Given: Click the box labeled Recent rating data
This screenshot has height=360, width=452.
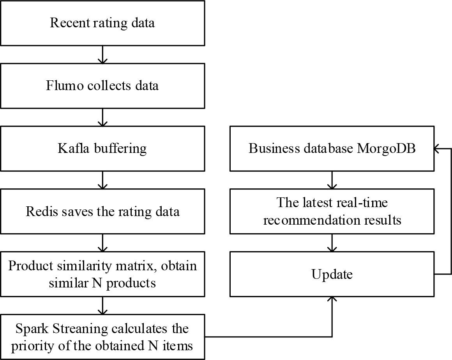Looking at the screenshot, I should click(102, 23).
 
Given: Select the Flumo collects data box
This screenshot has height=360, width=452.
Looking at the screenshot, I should click(102, 86).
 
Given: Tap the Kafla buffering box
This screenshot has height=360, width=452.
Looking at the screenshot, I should click(102, 149).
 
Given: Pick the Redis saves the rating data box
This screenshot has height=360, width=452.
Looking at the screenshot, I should click(102, 211).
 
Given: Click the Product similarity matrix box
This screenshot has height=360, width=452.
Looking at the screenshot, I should click(102, 274).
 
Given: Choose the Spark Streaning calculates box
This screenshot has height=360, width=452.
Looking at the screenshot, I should click(102, 337).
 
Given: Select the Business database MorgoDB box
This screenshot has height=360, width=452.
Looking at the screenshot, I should click(332, 149).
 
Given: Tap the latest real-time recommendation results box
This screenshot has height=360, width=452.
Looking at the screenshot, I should click(332, 211).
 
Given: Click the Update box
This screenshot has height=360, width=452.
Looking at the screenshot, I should click(332, 274).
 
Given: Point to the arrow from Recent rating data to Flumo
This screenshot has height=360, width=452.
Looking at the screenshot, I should click(102, 54).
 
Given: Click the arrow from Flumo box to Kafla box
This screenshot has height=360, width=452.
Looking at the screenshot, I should click(102, 117).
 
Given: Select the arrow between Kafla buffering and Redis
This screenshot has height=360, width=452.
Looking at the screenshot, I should click(102, 180).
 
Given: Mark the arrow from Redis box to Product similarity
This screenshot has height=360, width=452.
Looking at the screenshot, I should click(102, 243).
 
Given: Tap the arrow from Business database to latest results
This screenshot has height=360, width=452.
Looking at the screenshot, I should click(332, 180).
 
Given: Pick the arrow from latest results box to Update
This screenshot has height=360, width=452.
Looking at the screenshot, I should click(332, 243).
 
